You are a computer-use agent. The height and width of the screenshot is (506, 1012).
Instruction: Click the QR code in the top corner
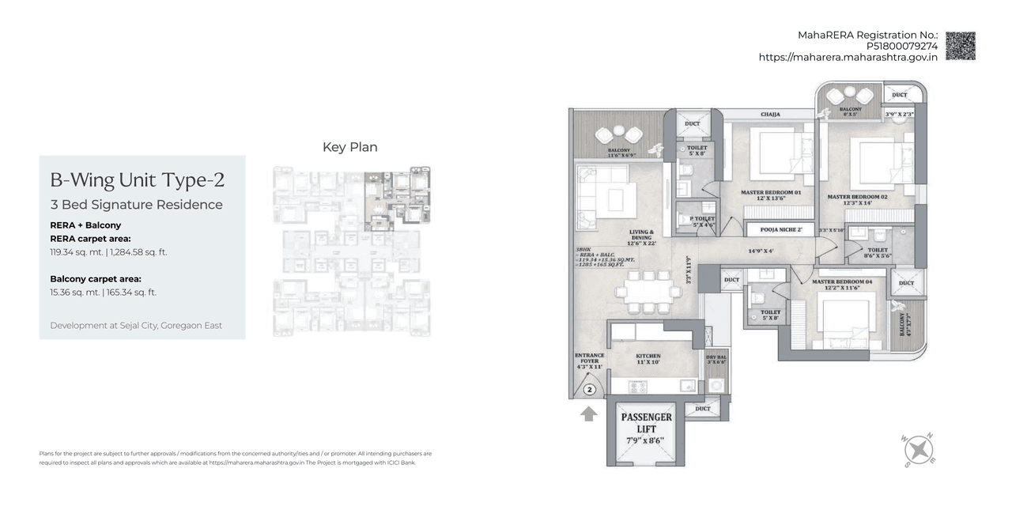tap(960, 46)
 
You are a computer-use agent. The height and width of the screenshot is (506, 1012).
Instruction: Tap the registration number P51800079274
tap(901, 46)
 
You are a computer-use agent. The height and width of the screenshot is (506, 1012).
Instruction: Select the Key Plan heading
tap(349, 147)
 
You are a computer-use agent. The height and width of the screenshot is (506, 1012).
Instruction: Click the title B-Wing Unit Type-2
tap(137, 180)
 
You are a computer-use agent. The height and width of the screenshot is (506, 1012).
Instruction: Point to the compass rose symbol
tap(918, 450)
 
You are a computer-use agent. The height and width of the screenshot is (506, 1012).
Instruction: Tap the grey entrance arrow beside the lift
tap(587, 413)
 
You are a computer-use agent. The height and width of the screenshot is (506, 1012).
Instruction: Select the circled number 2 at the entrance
tap(589, 389)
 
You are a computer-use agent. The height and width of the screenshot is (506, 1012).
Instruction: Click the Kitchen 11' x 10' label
tap(648, 360)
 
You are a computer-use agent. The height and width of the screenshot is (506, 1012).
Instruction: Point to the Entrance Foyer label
tap(589, 361)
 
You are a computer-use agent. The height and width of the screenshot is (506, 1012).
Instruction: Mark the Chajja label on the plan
tap(770, 115)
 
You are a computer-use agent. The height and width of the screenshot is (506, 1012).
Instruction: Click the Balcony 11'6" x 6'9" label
tap(619, 153)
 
